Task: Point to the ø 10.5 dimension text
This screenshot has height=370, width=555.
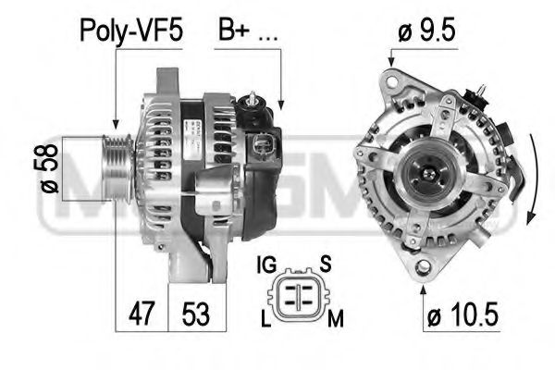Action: (462, 316)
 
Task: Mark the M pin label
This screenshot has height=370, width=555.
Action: (335, 319)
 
